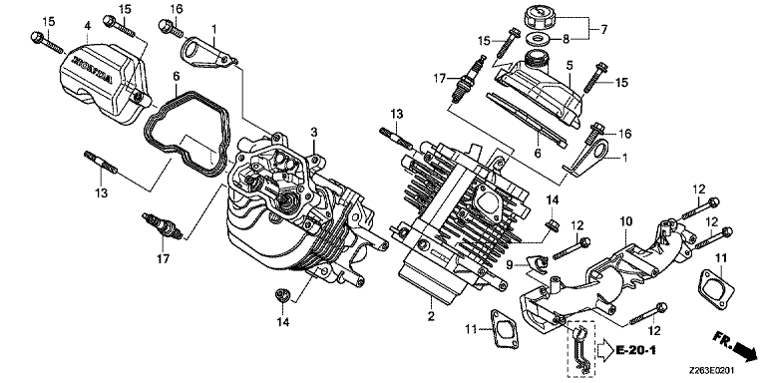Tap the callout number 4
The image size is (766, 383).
pos(88,25)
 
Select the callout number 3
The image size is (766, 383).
pos(314,133)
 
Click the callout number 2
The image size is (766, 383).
pos(431,316)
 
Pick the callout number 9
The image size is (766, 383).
pos(509,265)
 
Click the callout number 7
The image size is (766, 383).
pos(603,30)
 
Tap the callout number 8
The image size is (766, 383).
pos(567,39)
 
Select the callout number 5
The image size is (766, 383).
pos(569,65)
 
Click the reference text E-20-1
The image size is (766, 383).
pos(635,350)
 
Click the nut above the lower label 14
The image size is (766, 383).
pos(282,294)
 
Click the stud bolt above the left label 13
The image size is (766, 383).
pos(101,162)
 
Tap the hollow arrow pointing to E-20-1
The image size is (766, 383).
pos(603,350)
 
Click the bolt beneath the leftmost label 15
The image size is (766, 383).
pos(47,42)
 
